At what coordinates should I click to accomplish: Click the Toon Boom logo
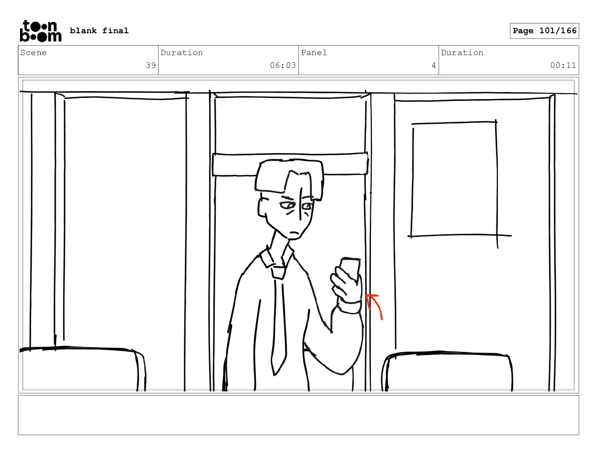pos(41,31)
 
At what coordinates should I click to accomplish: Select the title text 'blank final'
pos(99,31)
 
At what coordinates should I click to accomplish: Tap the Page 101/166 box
pos(544,31)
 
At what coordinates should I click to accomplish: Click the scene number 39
pos(151,65)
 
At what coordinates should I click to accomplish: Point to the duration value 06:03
pos(283,65)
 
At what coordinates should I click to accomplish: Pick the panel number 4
pos(433,65)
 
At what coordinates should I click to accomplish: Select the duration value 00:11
pos(563,65)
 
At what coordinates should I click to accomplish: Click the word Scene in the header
pos(34,52)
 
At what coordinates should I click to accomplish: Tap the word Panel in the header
pos(314,52)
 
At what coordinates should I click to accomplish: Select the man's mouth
pos(294,232)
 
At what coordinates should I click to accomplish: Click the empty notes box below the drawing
pos(298,415)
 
